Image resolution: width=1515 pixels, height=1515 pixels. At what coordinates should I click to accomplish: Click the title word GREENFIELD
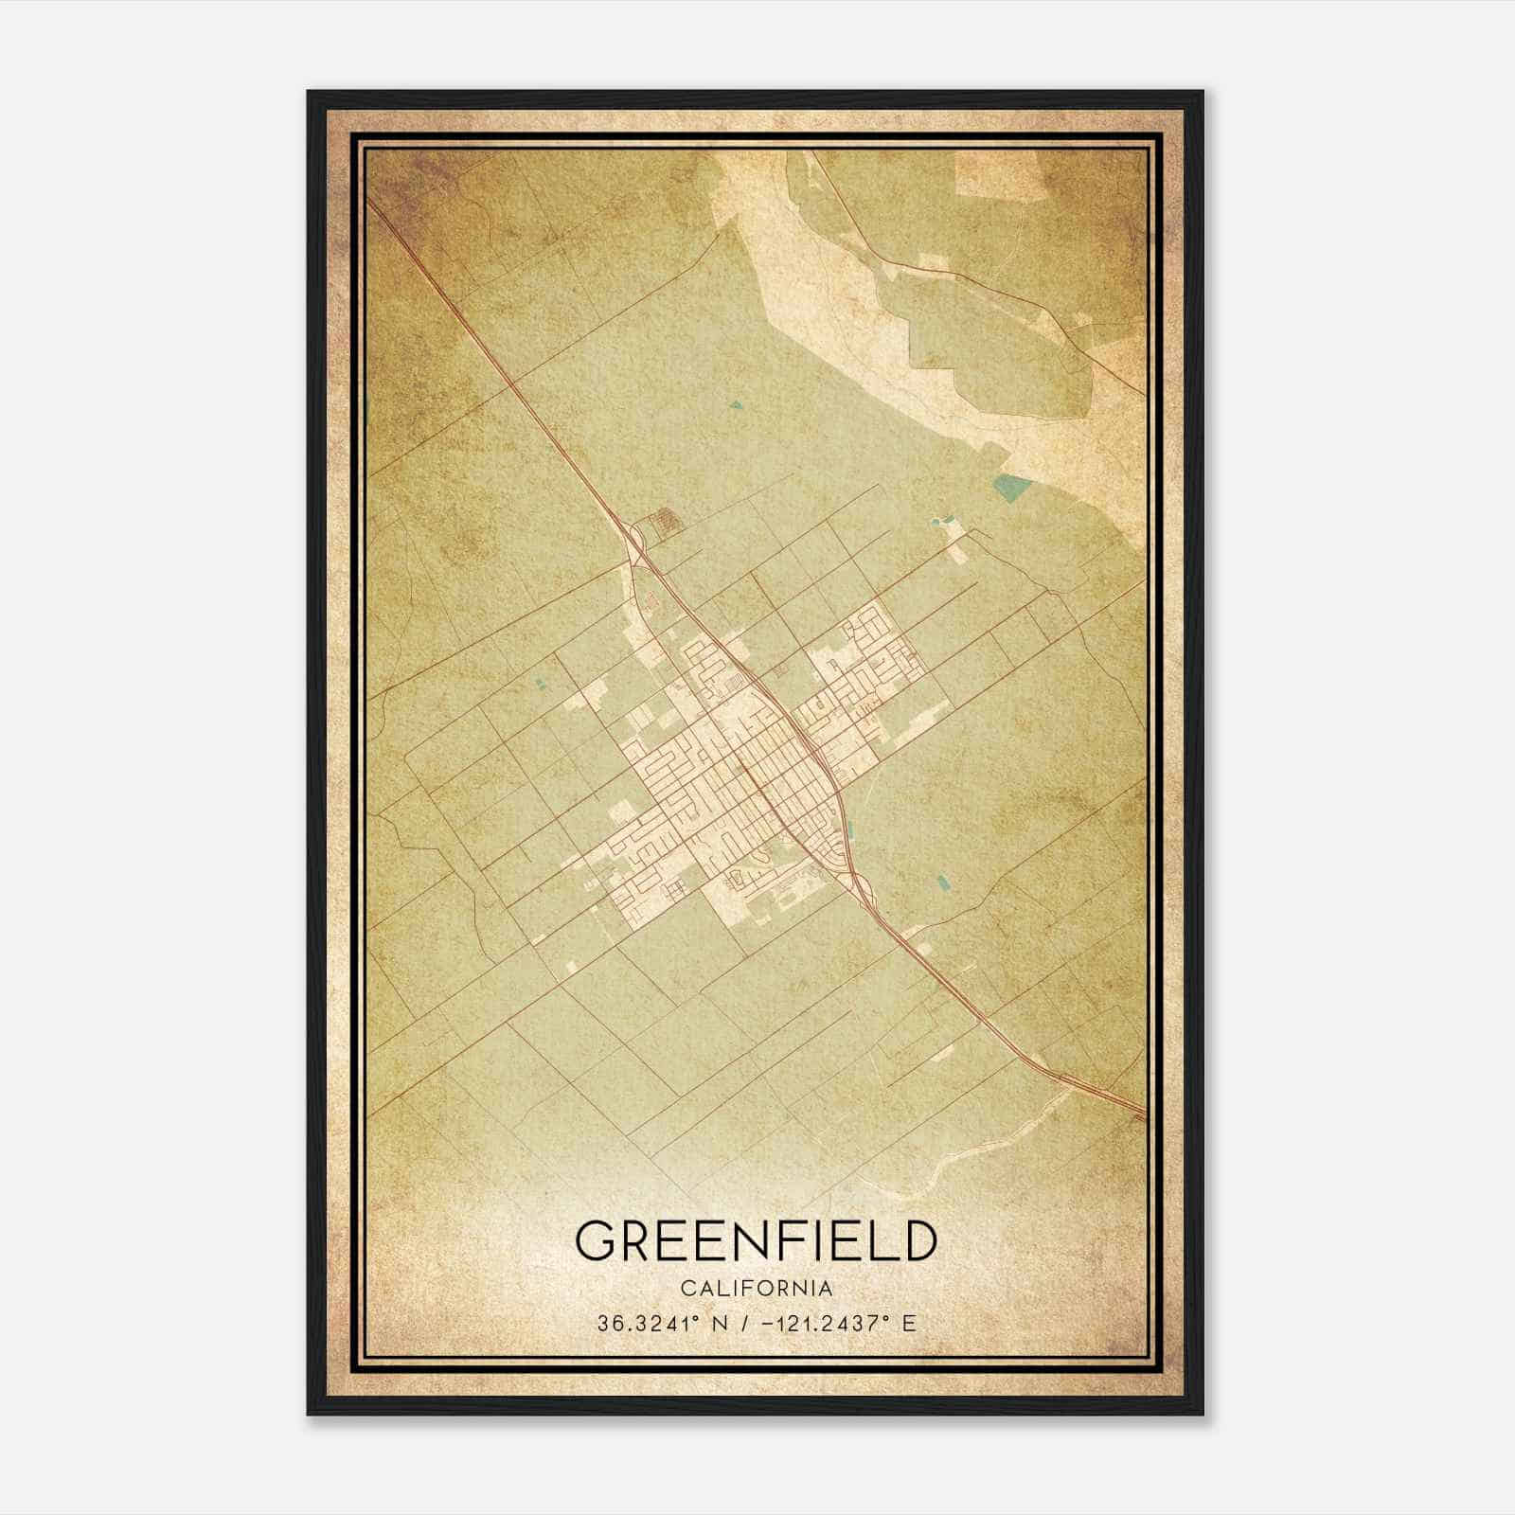[x=756, y=1241]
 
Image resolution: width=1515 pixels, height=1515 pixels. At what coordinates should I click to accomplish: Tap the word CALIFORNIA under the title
[x=756, y=1289]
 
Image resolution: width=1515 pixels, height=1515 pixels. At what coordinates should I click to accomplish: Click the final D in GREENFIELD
[x=917, y=1241]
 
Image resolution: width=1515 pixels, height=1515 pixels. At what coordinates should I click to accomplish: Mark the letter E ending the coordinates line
[x=909, y=1324]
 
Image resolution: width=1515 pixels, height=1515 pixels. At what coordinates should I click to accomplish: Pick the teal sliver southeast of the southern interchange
[x=942, y=884]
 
